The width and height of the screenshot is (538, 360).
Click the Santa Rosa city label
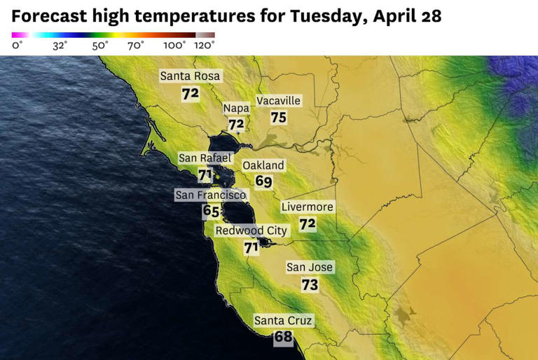[x=191, y=76]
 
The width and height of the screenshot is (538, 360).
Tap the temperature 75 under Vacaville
[x=279, y=118]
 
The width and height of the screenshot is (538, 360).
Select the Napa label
[x=236, y=109]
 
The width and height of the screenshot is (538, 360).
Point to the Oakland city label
[x=263, y=165]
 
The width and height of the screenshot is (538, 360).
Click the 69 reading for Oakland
[x=263, y=182]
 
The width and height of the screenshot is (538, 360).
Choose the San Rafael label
[x=205, y=158]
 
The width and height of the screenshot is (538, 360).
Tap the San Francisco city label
[x=210, y=195]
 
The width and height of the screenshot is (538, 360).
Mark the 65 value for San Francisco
[x=211, y=211]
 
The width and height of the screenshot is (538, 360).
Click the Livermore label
[x=307, y=207]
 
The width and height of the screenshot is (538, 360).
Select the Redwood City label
[x=250, y=230]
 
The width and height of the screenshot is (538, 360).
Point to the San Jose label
[x=310, y=267]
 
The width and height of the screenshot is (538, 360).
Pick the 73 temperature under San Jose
[x=310, y=285]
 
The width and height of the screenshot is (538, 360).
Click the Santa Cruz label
[x=283, y=321]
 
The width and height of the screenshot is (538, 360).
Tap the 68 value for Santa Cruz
[x=283, y=338]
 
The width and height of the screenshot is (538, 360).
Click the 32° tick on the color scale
[x=60, y=46]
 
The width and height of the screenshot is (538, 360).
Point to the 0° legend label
[x=18, y=46]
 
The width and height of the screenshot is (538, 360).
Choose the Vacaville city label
[x=278, y=101]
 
